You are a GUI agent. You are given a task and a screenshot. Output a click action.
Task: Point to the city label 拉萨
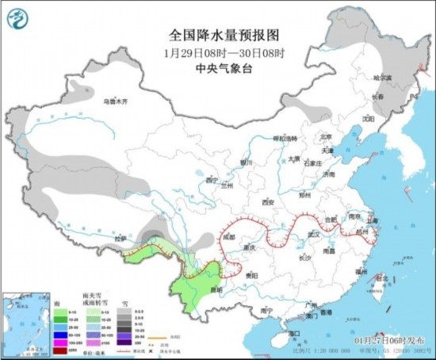click(120, 238)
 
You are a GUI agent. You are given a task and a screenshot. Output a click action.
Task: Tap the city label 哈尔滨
click(384, 78)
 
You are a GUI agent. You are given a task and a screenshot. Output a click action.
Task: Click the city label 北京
click(320, 136)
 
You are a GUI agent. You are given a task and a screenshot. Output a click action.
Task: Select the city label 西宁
click(210, 181)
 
